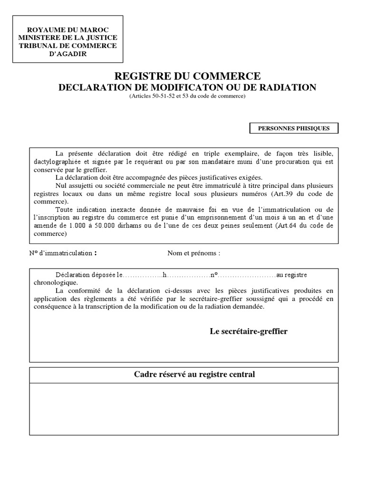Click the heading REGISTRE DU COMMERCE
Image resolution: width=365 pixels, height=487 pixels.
pyautogui.click(x=187, y=76)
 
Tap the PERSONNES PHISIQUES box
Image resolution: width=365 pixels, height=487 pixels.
pyautogui.click(x=294, y=128)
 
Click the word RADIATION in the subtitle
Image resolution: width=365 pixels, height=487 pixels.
pyautogui.click(x=289, y=88)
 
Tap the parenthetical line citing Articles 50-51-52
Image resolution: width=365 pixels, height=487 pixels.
pyautogui.click(x=187, y=97)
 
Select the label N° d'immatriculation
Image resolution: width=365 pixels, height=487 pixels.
pyautogui.click(x=61, y=253)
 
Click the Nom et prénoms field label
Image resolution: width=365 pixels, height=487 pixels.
pyautogui.click(x=193, y=253)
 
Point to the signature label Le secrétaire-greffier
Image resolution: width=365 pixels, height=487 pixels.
pyautogui.click(x=249, y=331)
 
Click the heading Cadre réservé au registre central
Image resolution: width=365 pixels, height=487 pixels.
pyautogui.click(x=194, y=375)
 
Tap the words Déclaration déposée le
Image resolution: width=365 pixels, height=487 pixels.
pyautogui.click(x=88, y=275)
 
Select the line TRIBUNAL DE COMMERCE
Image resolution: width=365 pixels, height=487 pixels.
pyautogui.click(x=67, y=46)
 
